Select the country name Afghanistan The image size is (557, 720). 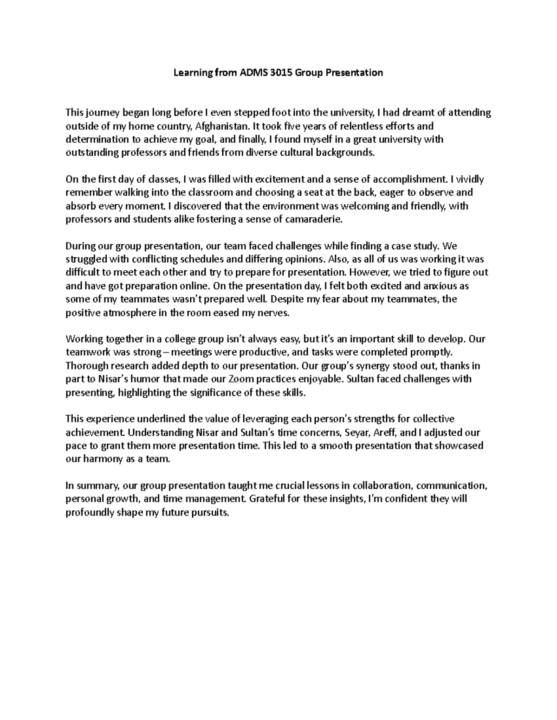point(222,126)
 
